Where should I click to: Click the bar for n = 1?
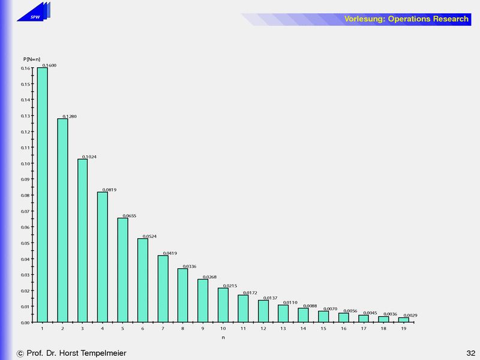[x=42, y=195]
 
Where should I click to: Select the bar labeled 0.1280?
[x=62, y=221]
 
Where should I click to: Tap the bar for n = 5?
[x=122, y=270]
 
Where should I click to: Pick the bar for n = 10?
[x=223, y=305]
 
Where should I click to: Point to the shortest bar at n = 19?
[x=403, y=320]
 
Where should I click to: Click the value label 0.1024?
[x=89, y=157]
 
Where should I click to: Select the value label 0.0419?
[x=170, y=253]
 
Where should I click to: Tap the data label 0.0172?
[x=250, y=293]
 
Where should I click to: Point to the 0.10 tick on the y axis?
[x=26, y=163]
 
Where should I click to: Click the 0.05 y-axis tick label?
[x=26, y=243]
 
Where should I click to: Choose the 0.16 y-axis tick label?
[x=26, y=68]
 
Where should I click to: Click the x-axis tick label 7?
[x=163, y=329]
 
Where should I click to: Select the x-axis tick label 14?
[x=303, y=329]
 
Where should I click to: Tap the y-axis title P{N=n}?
[x=32, y=59]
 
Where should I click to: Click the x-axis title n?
[x=223, y=338]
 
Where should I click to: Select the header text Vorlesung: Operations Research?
[x=406, y=19]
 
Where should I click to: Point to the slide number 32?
[x=470, y=353]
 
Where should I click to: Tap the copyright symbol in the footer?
[x=21, y=354]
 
